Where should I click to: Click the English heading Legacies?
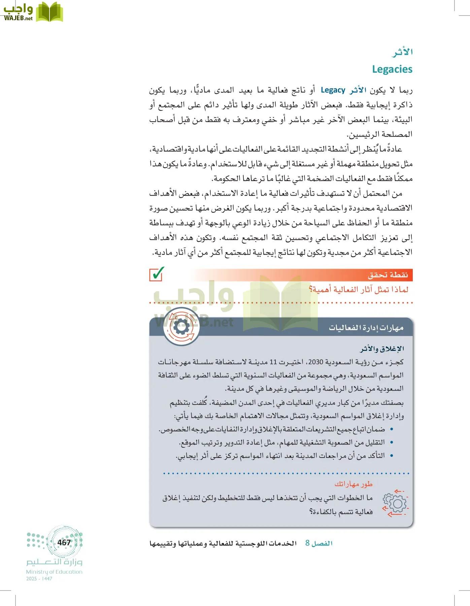click(392, 69)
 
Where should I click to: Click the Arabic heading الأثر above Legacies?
click(402, 52)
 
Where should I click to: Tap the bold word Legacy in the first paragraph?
click(333, 90)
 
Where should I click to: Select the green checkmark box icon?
click(157, 274)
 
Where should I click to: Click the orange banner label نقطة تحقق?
click(388, 275)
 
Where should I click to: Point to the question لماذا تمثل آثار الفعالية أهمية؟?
click(358, 290)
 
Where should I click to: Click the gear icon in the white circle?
click(181, 327)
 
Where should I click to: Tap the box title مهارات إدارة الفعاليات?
click(366, 328)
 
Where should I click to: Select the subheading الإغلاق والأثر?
click(382, 349)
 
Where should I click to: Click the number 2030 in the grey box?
click(315, 362)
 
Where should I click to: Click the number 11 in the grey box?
click(273, 362)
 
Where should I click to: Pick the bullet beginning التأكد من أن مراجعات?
click(280, 456)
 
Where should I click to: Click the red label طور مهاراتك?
click(353, 484)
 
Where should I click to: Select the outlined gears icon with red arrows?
click(395, 503)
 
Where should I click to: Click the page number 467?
click(64, 542)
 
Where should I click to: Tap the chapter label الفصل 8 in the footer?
click(318, 543)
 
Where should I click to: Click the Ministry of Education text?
click(54, 572)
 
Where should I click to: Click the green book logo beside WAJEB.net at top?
click(49, 12)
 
